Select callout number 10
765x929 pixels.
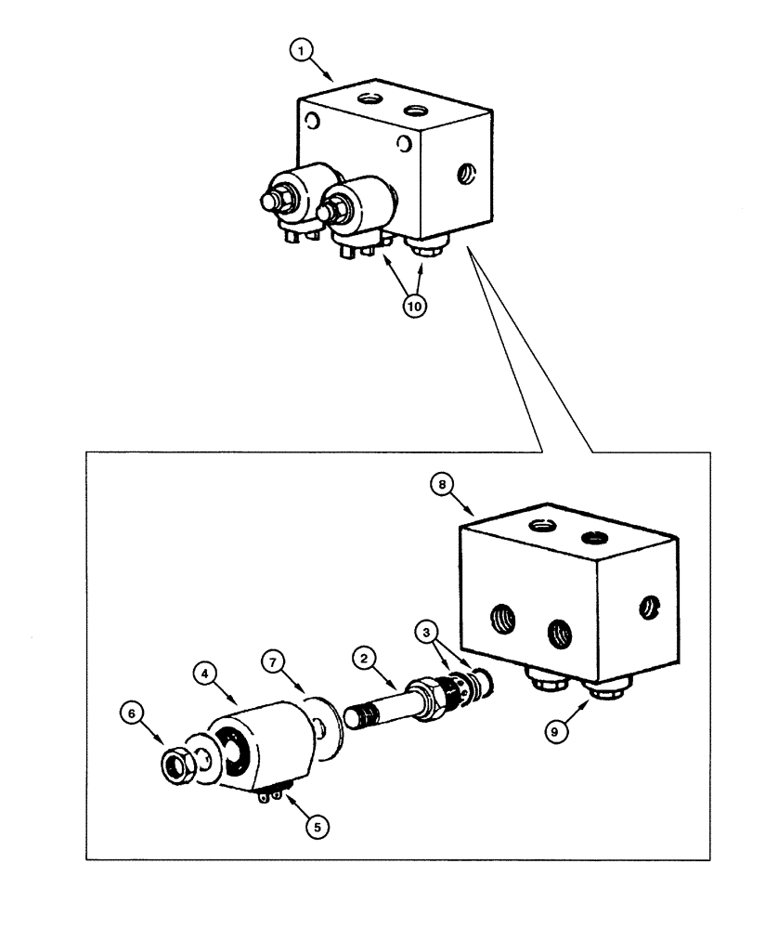pyautogui.click(x=414, y=307)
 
